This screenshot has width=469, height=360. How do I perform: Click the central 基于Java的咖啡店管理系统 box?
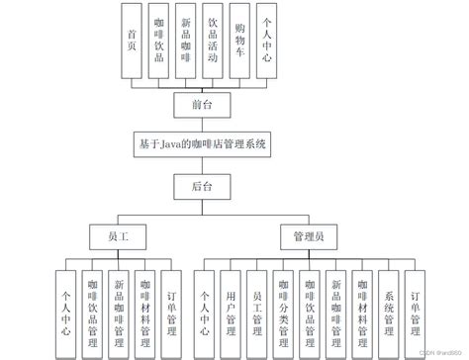tap(204, 142)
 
